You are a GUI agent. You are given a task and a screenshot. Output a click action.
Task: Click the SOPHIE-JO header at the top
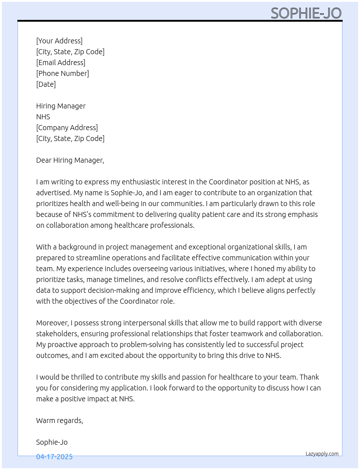pos(306,13)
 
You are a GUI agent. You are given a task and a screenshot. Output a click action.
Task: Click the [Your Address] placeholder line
pos(59,41)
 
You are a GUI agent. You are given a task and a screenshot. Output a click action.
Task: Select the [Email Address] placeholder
pos(61,63)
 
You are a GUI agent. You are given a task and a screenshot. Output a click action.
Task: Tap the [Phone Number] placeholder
pos(63,73)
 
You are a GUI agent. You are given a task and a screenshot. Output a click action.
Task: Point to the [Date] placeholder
pos(46,84)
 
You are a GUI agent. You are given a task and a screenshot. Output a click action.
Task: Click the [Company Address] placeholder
pos(67,128)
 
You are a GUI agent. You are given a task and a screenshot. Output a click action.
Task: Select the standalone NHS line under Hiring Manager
pos(43,117)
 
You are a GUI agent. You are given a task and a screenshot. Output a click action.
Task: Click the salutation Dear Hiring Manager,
pos(70,160)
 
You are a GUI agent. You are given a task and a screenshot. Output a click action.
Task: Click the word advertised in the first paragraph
pos(53,193)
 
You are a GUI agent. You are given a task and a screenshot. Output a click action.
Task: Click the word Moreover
pos(52,323)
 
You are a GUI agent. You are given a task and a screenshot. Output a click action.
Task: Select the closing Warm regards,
pos(60,420)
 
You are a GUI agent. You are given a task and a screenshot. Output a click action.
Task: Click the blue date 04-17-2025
pos(54,457)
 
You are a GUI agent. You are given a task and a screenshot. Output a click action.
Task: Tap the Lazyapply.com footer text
pos(322,454)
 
